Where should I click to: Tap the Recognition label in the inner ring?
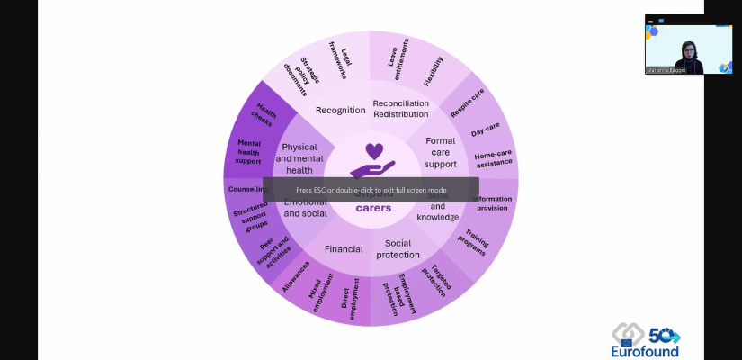pyautogui.click(x=340, y=110)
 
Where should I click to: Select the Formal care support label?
pyautogui.click(x=440, y=152)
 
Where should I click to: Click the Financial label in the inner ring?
pyautogui.click(x=344, y=248)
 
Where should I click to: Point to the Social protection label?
pyautogui.click(x=397, y=248)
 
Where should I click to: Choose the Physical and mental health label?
pyautogui.click(x=299, y=158)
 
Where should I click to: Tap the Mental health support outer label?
pyautogui.click(x=248, y=151)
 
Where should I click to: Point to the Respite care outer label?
pyautogui.click(x=467, y=103)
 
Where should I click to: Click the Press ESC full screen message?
pyautogui.click(x=371, y=190)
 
